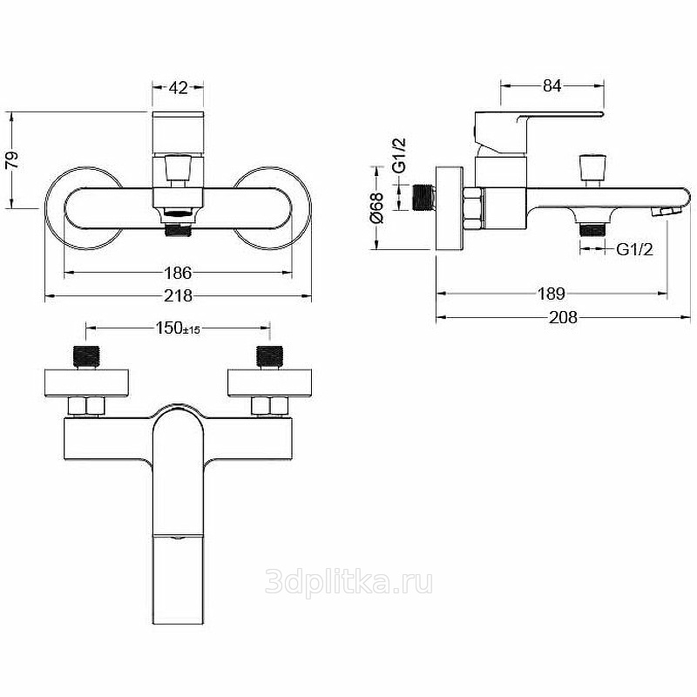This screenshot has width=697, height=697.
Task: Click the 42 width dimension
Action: click(179, 88)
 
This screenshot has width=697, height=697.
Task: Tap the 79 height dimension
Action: click(12, 159)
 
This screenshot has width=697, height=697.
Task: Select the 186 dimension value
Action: click(178, 273)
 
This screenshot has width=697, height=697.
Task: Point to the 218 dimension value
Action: click(178, 295)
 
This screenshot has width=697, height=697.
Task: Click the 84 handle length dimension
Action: click(552, 85)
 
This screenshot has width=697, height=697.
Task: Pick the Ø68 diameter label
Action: click(376, 207)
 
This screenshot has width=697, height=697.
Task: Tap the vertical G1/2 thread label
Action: click(399, 155)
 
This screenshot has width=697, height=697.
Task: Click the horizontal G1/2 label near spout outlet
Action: click(634, 249)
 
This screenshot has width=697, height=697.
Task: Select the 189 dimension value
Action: click(552, 294)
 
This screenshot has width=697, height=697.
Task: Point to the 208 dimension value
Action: click(563, 317)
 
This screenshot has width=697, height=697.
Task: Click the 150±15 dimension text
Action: click(178, 328)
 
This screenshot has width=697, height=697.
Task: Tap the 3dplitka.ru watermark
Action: click(348, 582)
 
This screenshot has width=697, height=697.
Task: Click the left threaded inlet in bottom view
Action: click(85, 356)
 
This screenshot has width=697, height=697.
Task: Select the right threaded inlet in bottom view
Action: click(270, 356)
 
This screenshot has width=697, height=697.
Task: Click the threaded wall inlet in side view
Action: click(424, 198)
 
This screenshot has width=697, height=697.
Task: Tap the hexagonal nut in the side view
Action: click(472, 208)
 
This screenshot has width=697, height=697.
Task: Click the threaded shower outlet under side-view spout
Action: click(592, 229)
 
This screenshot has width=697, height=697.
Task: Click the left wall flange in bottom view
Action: click(86, 382)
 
